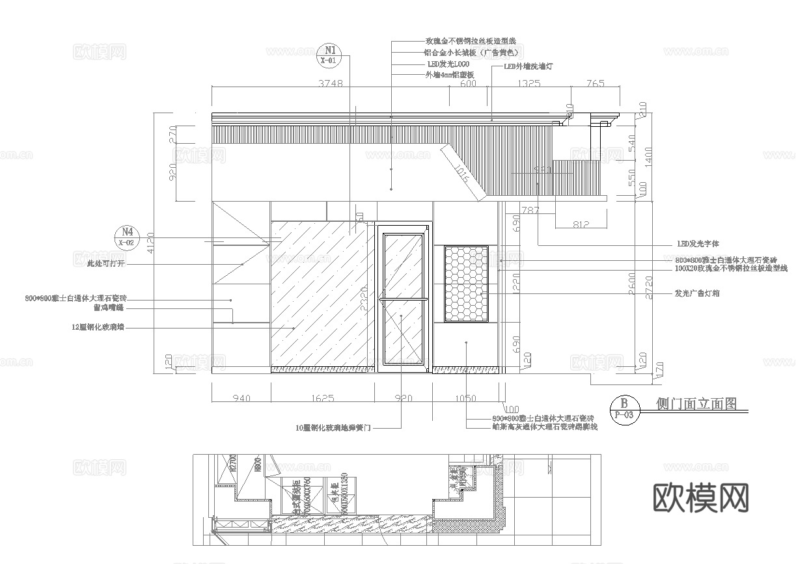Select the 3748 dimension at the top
click(x=331, y=83)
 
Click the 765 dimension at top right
click(x=595, y=83)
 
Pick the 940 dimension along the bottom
click(x=241, y=398)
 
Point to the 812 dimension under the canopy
click(x=581, y=224)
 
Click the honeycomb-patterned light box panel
click(x=466, y=283)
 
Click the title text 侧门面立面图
click(x=696, y=404)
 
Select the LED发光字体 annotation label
click(x=698, y=243)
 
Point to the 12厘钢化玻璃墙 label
click(x=98, y=329)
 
